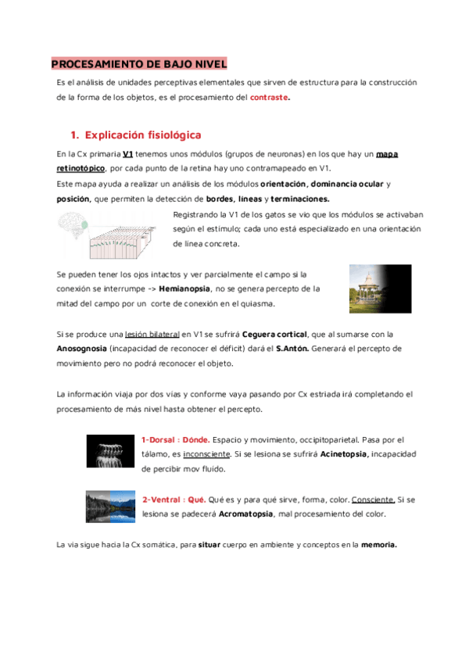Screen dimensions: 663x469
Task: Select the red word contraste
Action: (269, 98)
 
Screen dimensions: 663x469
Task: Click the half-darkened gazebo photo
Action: (380, 288)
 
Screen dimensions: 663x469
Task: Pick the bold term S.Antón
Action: (292, 349)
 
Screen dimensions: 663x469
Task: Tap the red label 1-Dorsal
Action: (159, 440)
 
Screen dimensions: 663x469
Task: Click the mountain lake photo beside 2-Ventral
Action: (110, 506)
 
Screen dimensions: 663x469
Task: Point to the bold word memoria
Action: (379, 545)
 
